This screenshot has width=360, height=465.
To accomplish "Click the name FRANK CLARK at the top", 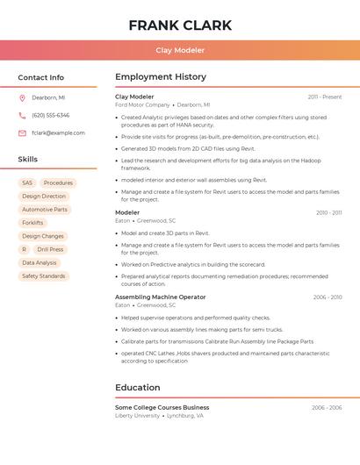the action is pos(180,25).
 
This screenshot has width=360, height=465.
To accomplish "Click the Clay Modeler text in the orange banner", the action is pos(180,50).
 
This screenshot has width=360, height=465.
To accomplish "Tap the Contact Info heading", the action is pos(40,77).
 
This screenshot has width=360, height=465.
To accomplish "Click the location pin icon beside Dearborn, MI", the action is pos(22,97).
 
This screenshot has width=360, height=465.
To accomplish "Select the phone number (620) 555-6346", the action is pos(50,115).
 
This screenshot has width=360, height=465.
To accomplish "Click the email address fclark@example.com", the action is pos(58,132).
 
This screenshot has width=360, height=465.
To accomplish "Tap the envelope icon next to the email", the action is pos(22,132).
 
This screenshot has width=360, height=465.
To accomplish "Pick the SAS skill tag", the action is pos(27,182).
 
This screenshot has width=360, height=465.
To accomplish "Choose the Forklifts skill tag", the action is pos(32,223).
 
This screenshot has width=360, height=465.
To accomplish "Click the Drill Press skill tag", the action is pos(50,249).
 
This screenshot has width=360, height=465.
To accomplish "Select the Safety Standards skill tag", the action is pos(44,276).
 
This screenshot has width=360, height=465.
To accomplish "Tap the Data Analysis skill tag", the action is pos(40,262).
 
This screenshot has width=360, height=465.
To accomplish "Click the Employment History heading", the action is pos(161,77).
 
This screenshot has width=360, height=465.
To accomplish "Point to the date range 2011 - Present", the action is pos(324,97).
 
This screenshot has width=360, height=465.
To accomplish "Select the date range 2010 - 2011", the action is pos(328,212).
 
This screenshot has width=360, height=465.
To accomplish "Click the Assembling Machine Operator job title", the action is pos(160,297).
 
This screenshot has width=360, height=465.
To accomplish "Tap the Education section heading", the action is pos(137,387).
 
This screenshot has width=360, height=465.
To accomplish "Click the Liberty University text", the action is pos(137,415).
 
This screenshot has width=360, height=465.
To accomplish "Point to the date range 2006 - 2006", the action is pos(326,407).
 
